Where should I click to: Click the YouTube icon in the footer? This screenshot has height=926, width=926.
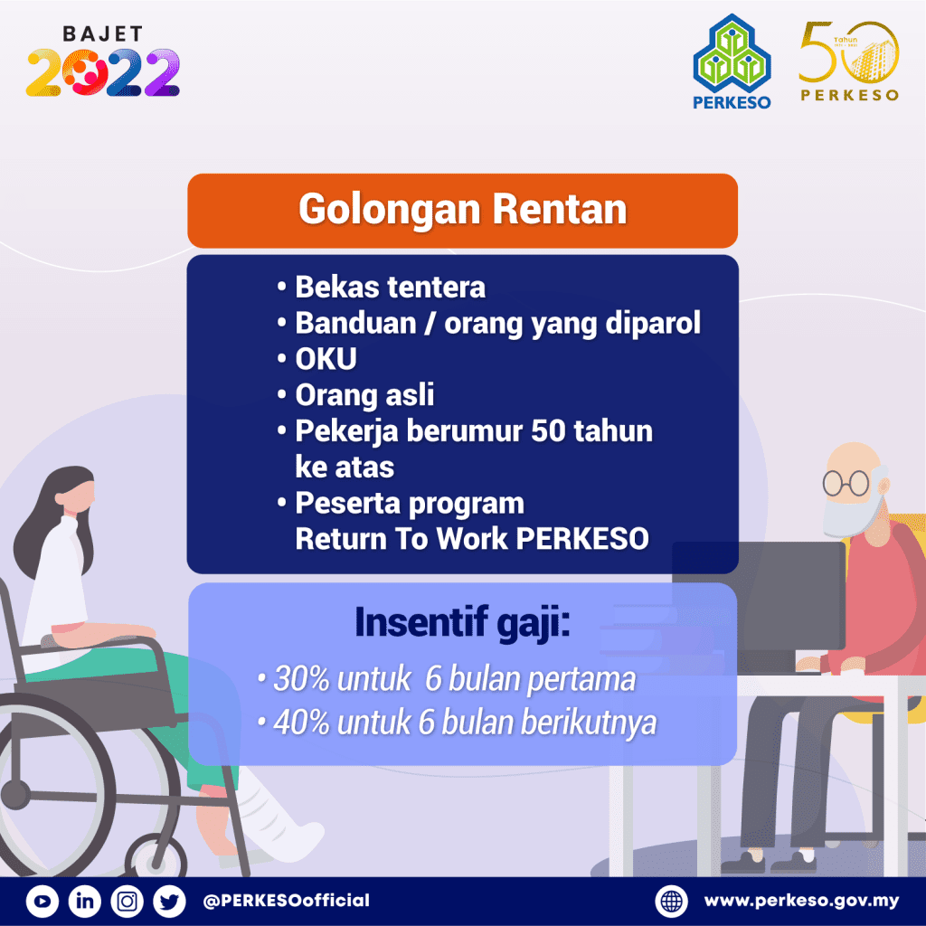(43, 901)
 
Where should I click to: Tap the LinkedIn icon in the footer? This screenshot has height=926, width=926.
(85, 901)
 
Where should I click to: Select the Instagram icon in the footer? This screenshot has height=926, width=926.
(128, 901)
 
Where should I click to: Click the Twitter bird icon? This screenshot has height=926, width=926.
(169, 901)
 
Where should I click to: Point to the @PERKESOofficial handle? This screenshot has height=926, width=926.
(287, 901)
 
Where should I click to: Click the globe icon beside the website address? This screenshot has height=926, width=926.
(672, 901)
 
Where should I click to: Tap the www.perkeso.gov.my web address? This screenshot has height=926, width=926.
(801, 901)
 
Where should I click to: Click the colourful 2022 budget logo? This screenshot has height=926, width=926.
(103, 72)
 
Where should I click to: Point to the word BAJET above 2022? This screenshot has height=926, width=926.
(103, 34)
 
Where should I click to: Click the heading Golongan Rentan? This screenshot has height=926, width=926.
(462, 210)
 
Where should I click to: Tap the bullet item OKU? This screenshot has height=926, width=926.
(326, 359)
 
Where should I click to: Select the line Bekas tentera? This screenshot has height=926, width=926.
(390, 287)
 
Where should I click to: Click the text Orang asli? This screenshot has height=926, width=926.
(364, 395)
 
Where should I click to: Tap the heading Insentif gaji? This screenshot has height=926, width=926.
(462, 624)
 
